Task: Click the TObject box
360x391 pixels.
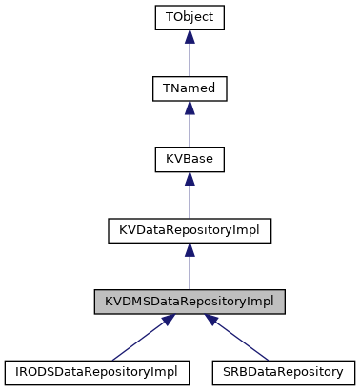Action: coord(190,17)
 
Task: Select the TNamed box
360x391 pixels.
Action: coord(190,88)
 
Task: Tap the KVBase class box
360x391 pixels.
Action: coord(190,160)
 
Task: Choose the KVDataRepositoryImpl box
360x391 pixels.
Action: coord(190,231)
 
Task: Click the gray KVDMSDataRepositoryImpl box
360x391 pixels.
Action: coord(190,303)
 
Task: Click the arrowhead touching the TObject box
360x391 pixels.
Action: coord(190,36)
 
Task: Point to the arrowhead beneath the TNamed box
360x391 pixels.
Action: coord(190,108)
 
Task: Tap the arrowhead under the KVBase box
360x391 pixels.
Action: coord(190,179)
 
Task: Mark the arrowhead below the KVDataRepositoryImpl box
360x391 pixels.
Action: coord(190,250)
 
